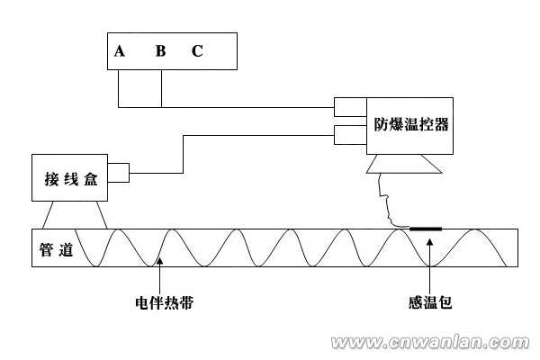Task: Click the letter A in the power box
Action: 120,51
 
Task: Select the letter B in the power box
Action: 160,51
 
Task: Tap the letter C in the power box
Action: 197,51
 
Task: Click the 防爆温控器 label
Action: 411,125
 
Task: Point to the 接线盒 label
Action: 69,177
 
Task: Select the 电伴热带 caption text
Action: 159,303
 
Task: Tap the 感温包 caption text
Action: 430,303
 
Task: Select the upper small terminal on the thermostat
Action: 345,108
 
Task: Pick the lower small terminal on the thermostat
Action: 345,135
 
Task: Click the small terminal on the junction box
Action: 119,170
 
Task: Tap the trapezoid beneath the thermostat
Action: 403,166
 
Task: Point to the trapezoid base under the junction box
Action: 75,215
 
